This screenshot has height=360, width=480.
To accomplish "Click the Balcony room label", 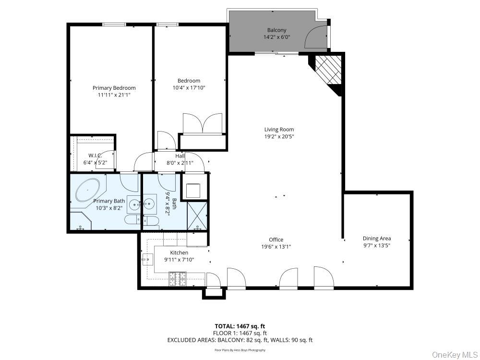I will point(276,30).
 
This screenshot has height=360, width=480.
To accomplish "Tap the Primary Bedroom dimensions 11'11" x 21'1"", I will point(114,95).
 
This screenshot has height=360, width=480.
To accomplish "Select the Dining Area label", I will point(376,239).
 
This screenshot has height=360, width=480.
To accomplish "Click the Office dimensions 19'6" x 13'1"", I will point(276,247).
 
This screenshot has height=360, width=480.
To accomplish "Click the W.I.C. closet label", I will point(96,156).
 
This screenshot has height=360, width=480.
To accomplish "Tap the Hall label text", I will point(180,156).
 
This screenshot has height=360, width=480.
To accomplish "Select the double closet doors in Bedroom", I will point(203,123).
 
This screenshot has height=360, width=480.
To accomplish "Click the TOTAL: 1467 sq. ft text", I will point(240,326).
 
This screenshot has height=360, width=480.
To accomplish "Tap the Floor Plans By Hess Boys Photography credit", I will point(240,350).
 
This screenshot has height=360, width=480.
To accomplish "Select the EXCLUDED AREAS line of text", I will point(240,340).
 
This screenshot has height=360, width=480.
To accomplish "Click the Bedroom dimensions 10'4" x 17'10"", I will point(189,88).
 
